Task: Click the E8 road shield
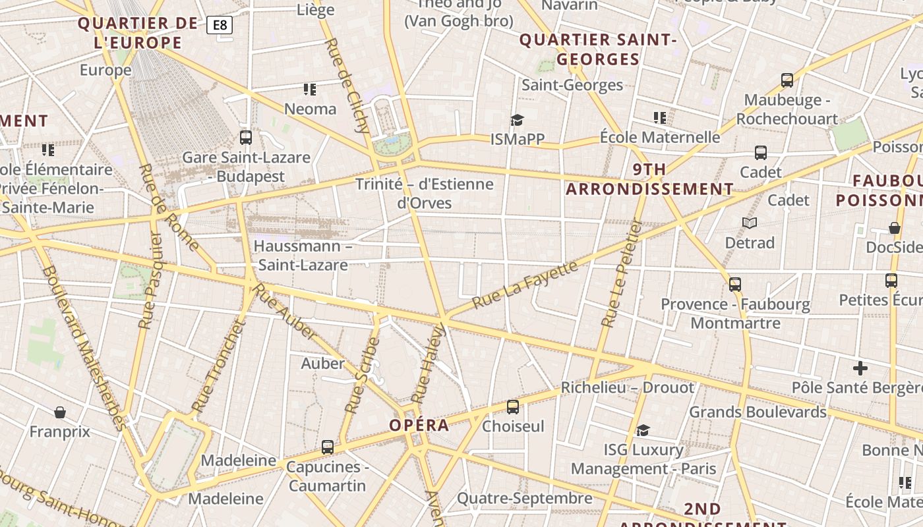220,25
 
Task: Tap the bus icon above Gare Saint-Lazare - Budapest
246,138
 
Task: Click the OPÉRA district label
419,425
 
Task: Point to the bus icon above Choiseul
513,407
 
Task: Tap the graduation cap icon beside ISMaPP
517,120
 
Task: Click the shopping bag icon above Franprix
60,413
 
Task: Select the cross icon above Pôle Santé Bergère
860,368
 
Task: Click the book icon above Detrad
750,223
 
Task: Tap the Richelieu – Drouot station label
627,387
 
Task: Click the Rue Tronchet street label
218,366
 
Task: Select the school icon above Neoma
310,89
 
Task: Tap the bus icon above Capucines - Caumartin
328,447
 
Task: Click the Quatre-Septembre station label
525,498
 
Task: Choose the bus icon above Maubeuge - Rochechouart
787,80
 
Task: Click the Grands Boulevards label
758,412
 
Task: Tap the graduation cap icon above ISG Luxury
643,430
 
